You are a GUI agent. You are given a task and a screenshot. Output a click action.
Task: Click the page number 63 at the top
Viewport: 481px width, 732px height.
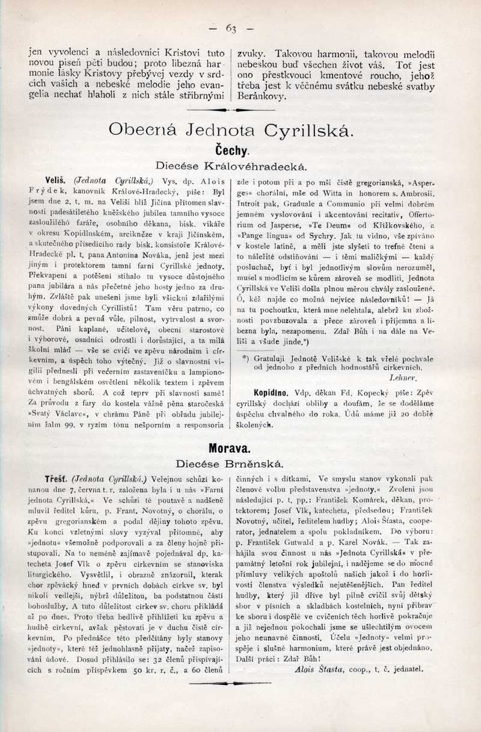tap(231, 28)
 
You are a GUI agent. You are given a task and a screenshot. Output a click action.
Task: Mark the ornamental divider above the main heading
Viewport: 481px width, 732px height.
tap(231, 110)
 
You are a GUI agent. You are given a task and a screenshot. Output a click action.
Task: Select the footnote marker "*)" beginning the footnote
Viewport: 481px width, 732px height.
tap(245, 358)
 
